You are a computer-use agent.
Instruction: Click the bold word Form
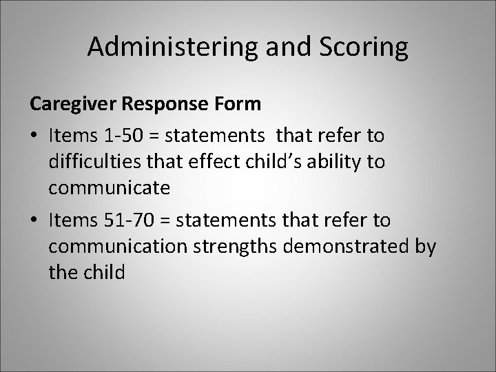(241, 104)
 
